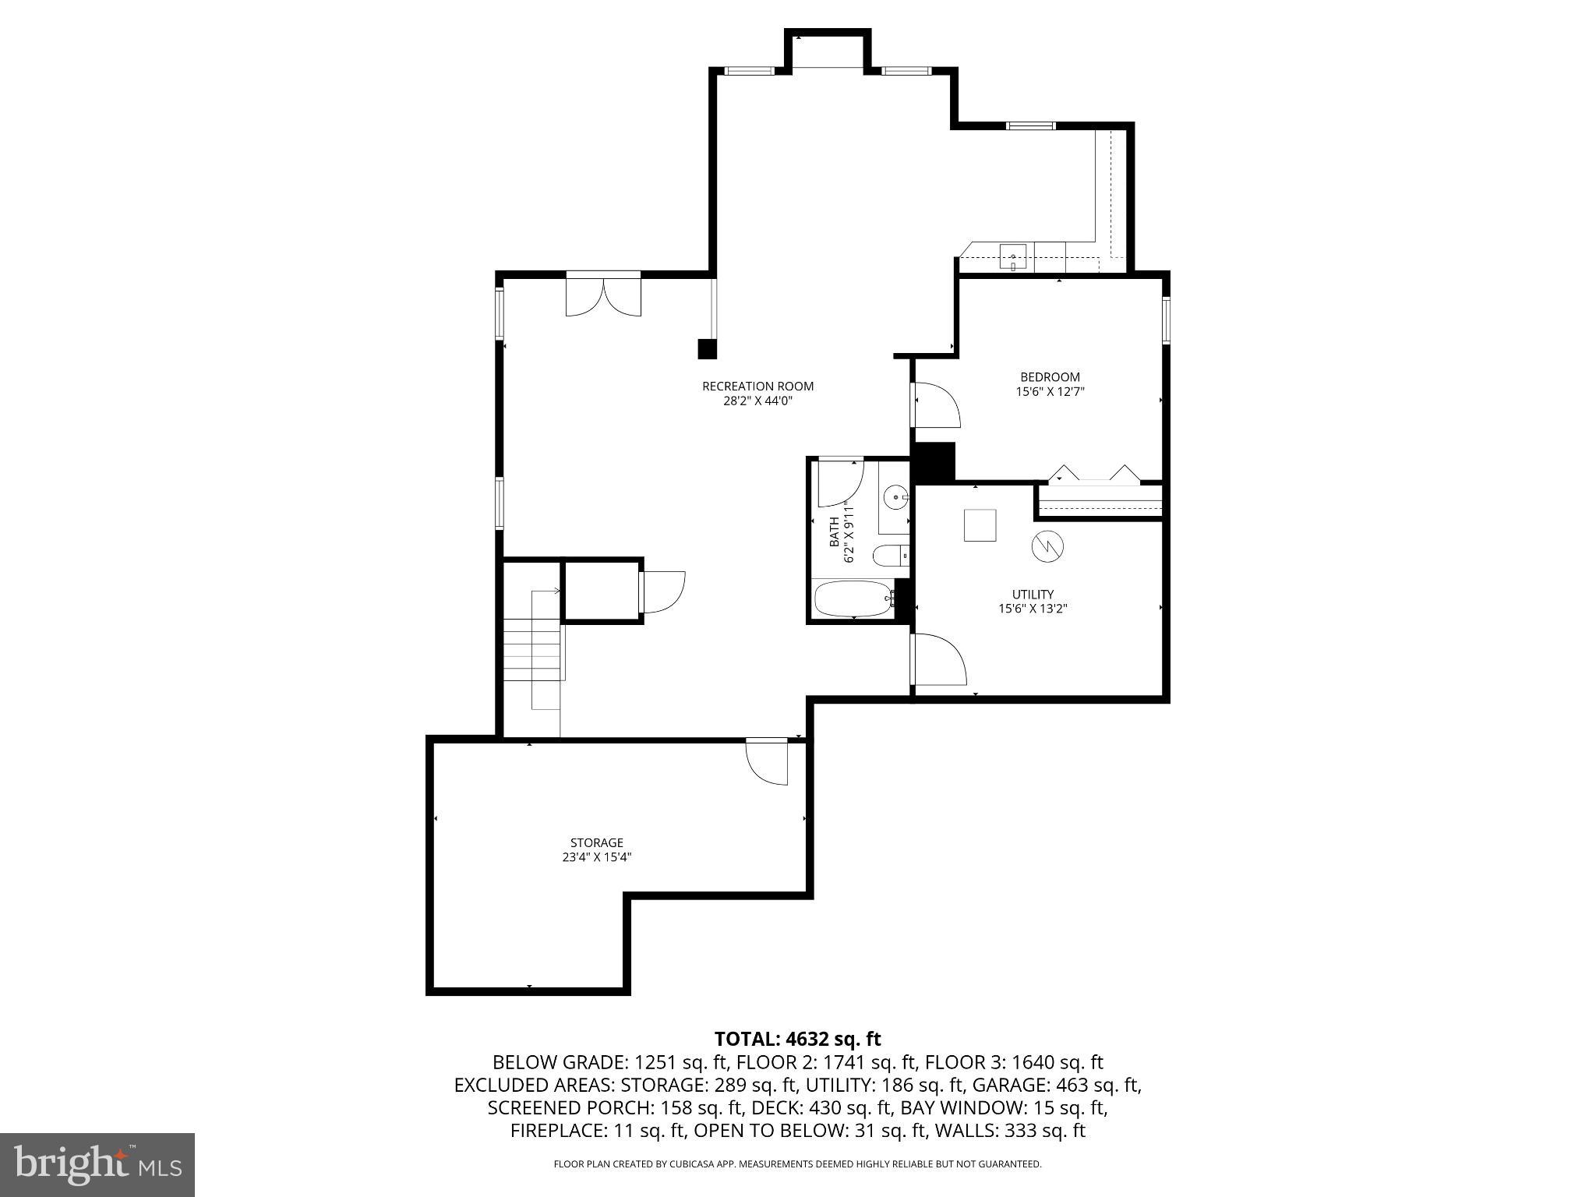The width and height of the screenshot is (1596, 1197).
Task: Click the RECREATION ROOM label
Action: pyautogui.click(x=757, y=386)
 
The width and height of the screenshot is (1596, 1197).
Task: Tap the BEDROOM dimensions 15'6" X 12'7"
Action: pyautogui.click(x=1050, y=393)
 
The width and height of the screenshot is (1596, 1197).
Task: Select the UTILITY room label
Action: pyautogui.click(x=1033, y=594)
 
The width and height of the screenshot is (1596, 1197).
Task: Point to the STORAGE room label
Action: pyautogui.click(x=596, y=842)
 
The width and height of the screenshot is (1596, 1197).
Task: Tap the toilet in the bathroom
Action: pyautogui.click(x=888, y=556)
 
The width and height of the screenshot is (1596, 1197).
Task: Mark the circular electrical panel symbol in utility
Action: pyautogui.click(x=1047, y=546)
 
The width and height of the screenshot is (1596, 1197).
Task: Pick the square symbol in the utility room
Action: pyautogui.click(x=980, y=524)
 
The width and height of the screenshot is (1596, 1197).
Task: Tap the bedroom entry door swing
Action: pyautogui.click(x=936, y=405)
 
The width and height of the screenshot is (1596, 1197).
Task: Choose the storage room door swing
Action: pyautogui.click(x=767, y=761)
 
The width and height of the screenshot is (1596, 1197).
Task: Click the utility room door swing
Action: pyautogui.click(x=939, y=660)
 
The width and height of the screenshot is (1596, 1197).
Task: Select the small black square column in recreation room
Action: pyautogui.click(x=707, y=348)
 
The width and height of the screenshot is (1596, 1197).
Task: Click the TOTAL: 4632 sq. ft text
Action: pyautogui.click(x=797, y=1039)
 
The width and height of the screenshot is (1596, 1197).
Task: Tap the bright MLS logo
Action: pyautogui.click(x=97, y=1164)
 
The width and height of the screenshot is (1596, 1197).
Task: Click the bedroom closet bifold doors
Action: pyautogui.click(x=1094, y=475)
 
